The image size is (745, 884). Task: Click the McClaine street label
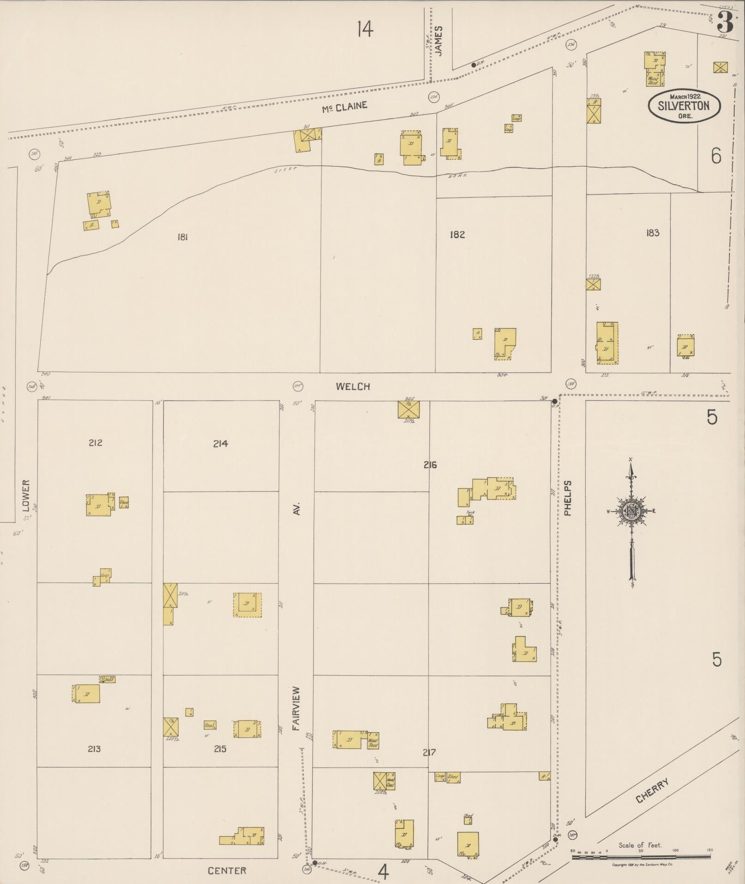345,106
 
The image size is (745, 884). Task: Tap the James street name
439,41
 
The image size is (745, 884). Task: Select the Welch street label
353,387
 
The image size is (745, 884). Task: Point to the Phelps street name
568,498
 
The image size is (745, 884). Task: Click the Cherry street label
653,790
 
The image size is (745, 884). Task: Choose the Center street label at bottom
227,871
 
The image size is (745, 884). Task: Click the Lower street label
26,495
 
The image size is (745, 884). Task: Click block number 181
182,237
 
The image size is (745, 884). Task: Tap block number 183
653,233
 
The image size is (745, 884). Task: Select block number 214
220,444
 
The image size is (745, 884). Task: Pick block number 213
94,749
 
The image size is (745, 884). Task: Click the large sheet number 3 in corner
725,22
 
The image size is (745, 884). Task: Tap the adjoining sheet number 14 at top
364,30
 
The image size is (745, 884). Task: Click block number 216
430,465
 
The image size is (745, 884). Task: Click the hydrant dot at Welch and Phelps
555,401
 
